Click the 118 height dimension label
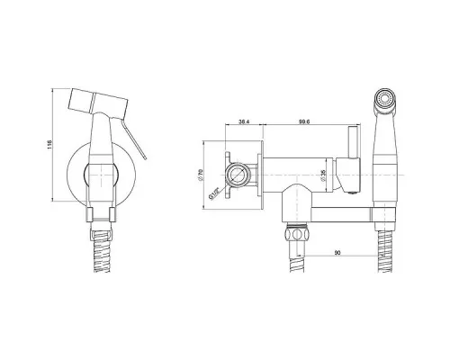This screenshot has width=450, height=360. [x=49, y=145]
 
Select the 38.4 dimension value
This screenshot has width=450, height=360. [x=244, y=121]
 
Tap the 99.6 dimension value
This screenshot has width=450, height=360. [x=304, y=121]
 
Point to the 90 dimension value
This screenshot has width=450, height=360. [x=337, y=253]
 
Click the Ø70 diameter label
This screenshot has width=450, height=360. [x=201, y=175]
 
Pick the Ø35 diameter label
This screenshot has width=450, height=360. [x=323, y=175]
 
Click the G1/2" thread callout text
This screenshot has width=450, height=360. [x=213, y=193]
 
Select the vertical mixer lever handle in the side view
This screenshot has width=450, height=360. [x=353, y=142]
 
